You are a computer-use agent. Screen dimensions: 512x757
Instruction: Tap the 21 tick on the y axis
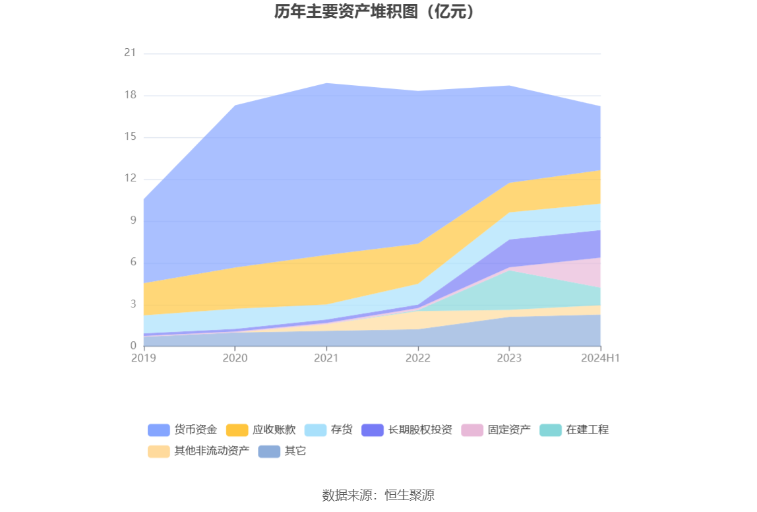(x=130, y=53)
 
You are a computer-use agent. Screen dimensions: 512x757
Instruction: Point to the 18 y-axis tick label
(x=130, y=95)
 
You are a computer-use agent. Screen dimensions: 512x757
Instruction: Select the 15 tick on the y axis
(x=130, y=137)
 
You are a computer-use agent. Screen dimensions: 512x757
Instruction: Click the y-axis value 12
(x=130, y=178)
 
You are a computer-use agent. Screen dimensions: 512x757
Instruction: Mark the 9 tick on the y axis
(x=133, y=220)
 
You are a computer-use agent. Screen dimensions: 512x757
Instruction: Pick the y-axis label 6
(x=133, y=262)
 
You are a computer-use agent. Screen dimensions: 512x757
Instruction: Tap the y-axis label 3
(x=133, y=304)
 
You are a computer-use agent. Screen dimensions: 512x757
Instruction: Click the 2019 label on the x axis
(x=144, y=358)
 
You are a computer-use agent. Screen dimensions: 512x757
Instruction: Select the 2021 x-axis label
(x=326, y=358)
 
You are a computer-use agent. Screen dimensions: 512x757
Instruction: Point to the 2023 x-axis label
(x=509, y=358)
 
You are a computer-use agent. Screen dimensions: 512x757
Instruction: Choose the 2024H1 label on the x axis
(x=600, y=358)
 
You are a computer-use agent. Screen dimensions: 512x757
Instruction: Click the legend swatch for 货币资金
(x=158, y=430)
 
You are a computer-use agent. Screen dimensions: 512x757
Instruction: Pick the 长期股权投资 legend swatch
(x=373, y=430)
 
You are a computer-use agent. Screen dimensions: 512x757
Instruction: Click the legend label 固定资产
(x=509, y=430)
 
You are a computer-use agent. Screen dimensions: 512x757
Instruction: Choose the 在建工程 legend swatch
(x=551, y=430)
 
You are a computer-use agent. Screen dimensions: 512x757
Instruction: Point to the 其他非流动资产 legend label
(x=212, y=452)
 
